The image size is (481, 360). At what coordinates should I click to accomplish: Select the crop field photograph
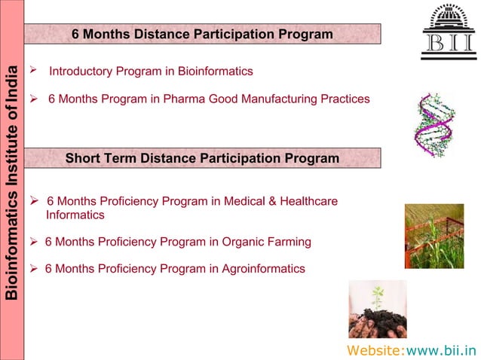[x=434, y=236]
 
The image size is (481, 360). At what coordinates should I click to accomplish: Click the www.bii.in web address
[x=441, y=349]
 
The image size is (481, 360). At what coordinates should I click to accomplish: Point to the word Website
[x=375, y=349]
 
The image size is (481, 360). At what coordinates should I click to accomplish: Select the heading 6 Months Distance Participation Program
[x=202, y=35]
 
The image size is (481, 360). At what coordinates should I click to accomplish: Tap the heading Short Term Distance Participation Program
[x=202, y=158]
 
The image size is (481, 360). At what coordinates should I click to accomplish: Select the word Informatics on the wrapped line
[x=75, y=215]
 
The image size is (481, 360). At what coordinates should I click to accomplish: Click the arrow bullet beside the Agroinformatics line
[x=33, y=268]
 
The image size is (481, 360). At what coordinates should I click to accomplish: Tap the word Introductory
[x=80, y=72]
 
